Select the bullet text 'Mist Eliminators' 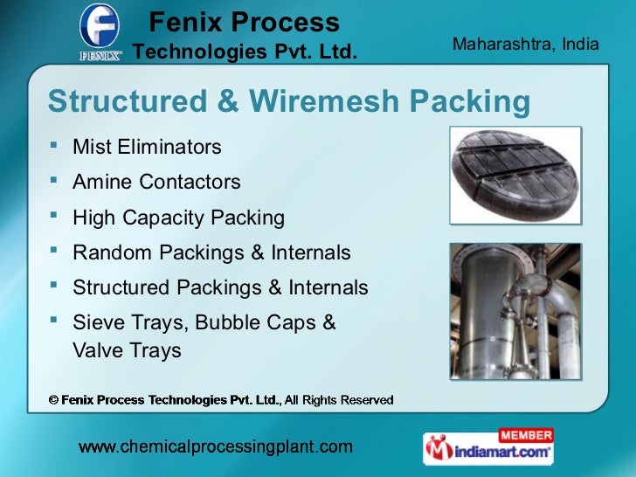pos(147,147)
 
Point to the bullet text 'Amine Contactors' pos(156,183)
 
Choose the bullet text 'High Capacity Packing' pos(178,218)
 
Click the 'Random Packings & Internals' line pos(211,253)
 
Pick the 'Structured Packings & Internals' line pos(220,288)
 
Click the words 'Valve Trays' pos(127,351)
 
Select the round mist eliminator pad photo pos(515,175)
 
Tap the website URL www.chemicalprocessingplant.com pos(216,448)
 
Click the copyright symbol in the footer pos(53,400)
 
